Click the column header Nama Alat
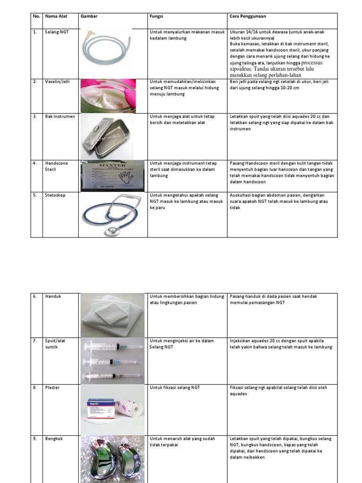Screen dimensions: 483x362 [56, 16]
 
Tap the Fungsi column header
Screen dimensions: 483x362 [156, 16]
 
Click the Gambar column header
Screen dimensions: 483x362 [89, 16]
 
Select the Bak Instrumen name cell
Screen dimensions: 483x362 [60, 116]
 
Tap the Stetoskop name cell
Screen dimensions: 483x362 [56, 195]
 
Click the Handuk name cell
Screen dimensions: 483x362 [53, 296]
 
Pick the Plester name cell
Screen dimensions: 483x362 [53, 387]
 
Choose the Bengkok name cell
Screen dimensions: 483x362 [54, 438]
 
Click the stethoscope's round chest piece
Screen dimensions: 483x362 [112, 231]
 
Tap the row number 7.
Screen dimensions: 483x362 [35, 340]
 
